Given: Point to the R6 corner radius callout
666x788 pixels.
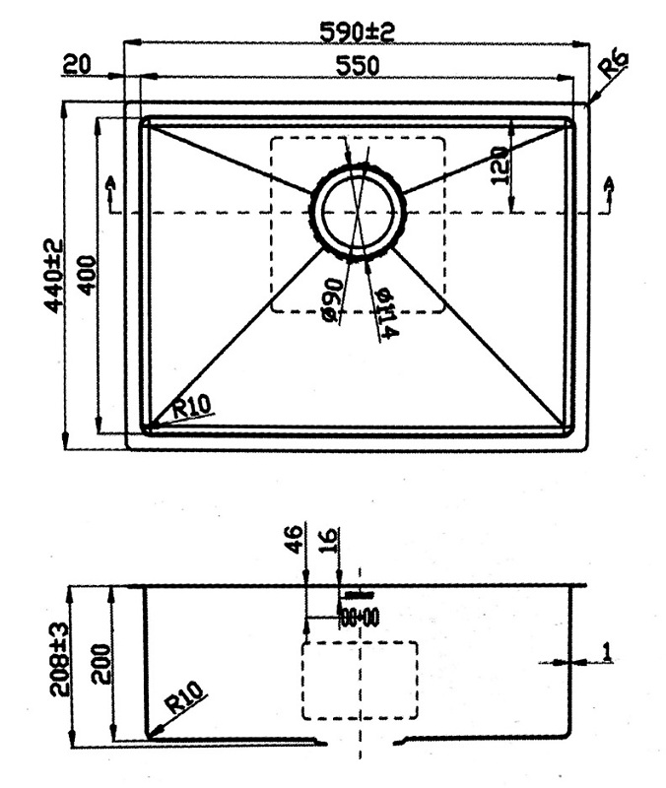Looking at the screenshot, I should pyautogui.click(x=613, y=68).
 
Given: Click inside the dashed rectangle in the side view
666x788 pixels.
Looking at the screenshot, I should pyautogui.click(x=360, y=680).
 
